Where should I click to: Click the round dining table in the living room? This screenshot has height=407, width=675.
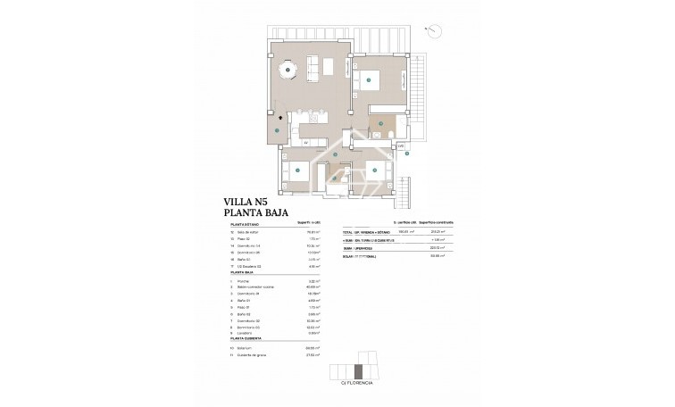287,69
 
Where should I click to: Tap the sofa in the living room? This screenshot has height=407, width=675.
314,67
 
